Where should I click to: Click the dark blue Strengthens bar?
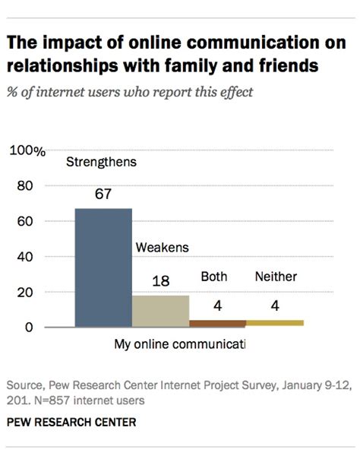point(103,268)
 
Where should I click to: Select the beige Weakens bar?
point(160,311)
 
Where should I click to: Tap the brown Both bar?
point(217,324)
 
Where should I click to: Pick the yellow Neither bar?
point(274,324)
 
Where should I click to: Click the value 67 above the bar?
point(103,195)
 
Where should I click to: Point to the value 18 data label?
point(160,282)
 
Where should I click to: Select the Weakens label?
point(162,247)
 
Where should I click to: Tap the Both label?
point(213,277)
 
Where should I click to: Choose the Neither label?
point(276,277)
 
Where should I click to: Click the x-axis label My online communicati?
point(180,344)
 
